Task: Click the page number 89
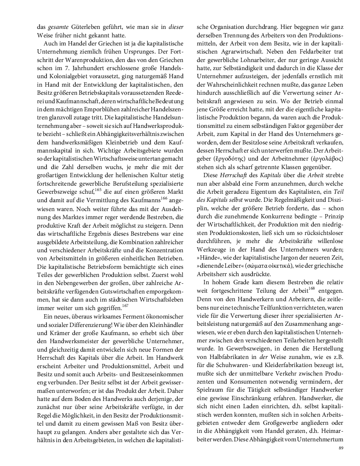click(340, 448)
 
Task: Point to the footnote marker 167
click(125, 306)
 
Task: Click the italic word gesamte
click(56, 28)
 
